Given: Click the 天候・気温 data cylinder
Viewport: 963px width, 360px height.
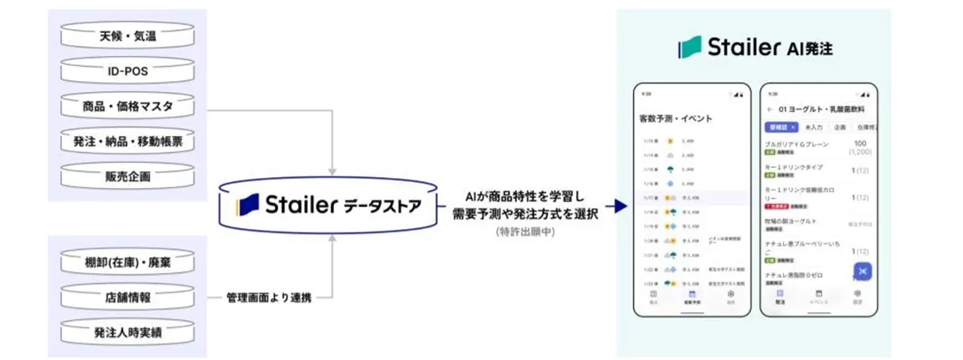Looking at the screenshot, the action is tap(128, 37).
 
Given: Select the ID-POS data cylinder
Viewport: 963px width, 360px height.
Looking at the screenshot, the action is tap(128, 72).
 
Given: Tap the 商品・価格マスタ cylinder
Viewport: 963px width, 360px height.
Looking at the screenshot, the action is tap(128, 107).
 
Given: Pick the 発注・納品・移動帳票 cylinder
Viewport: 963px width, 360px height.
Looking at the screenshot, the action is tap(128, 142).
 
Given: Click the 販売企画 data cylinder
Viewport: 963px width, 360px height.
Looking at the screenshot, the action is tap(128, 176).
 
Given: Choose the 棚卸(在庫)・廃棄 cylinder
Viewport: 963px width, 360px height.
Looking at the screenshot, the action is tap(128, 263).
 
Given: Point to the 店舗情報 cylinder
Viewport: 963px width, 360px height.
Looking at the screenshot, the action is tap(128, 297).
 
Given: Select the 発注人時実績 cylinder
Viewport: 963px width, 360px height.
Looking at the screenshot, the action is tap(128, 332).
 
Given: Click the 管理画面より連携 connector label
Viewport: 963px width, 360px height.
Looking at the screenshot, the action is tap(269, 297).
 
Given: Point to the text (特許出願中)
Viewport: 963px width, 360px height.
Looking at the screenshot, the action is tap(525, 231).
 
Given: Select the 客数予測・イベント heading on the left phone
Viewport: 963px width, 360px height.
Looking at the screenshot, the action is tap(675, 119).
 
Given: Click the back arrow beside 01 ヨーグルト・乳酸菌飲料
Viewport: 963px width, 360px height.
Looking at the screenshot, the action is tap(769, 109).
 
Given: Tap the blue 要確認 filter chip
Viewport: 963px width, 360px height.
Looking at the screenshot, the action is tap(782, 127).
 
